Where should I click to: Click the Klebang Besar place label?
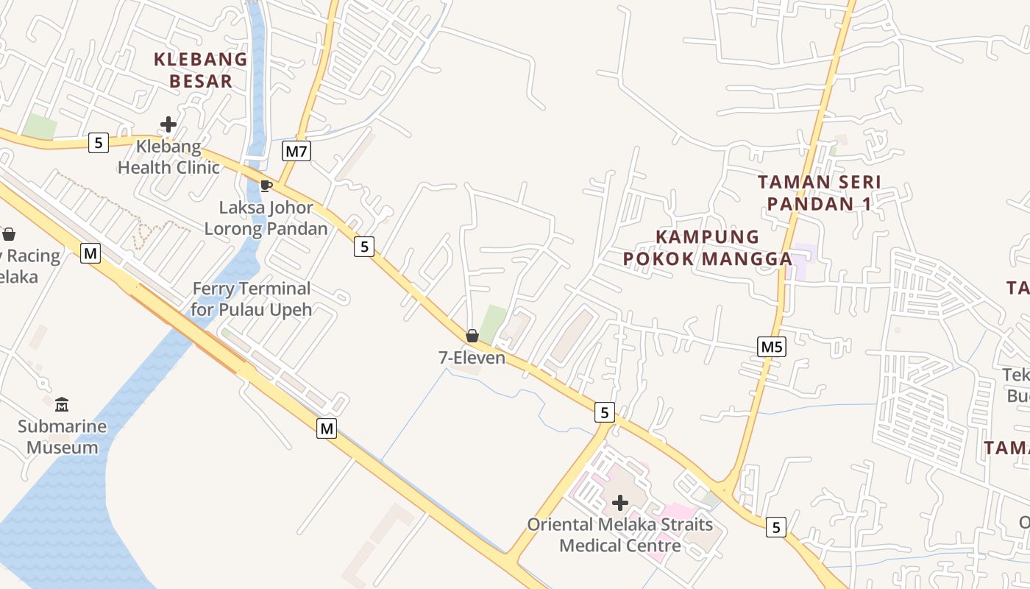click(200, 70)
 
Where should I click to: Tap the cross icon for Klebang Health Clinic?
click(168, 124)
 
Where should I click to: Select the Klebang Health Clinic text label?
click(168, 157)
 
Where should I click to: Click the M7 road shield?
click(296, 152)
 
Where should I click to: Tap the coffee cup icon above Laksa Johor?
click(266, 185)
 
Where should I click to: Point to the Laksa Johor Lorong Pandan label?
click(266, 219)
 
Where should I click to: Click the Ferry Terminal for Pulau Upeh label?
click(251, 298)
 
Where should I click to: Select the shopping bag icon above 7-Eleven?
click(472, 336)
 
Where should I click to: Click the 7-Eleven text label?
click(472, 358)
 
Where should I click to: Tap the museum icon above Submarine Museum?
click(62, 404)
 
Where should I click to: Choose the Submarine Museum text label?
click(63, 437)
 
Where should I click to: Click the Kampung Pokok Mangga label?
click(707, 247)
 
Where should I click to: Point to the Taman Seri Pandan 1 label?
click(819, 192)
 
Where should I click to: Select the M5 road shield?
click(771, 346)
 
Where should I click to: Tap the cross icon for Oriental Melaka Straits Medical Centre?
click(620, 503)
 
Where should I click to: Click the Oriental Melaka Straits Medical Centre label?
click(620, 535)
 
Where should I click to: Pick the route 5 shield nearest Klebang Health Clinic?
click(99, 142)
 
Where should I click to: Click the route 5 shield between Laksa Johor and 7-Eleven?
click(364, 247)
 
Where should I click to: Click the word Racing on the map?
click(32, 256)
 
